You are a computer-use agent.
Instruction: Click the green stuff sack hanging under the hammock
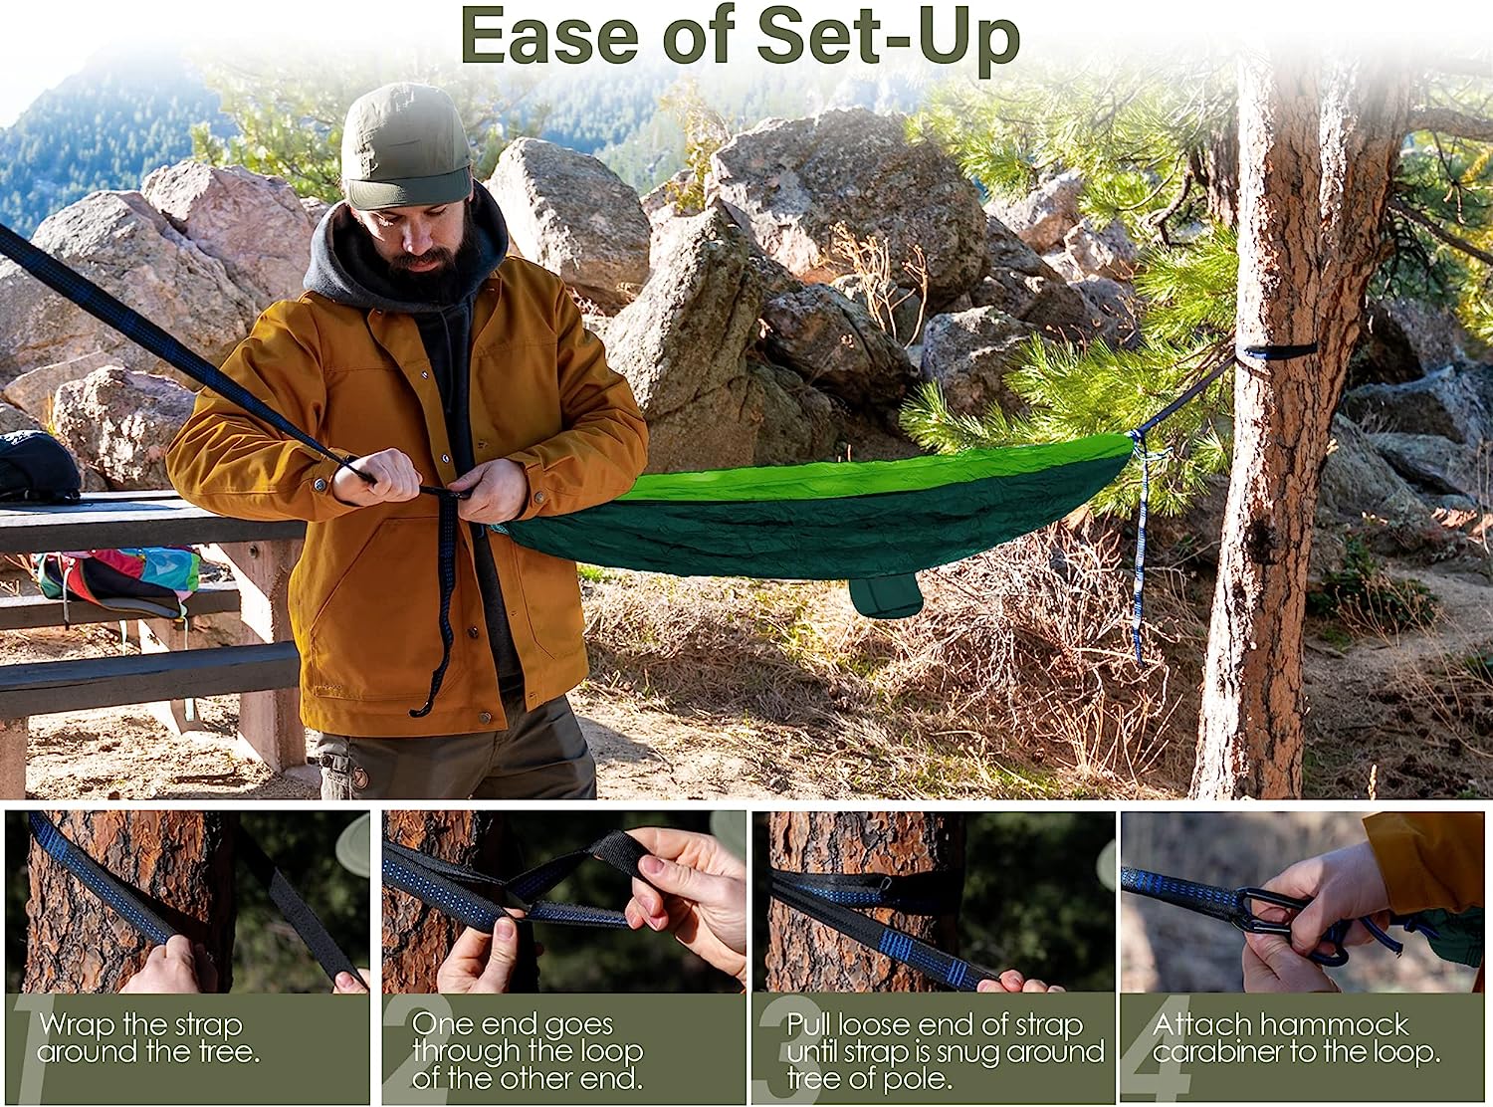pyautogui.click(x=885, y=595)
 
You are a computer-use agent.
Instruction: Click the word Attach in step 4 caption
pyautogui.click(x=1202, y=1025)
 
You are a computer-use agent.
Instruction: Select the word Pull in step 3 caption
pyautogui.click(x=810, y=1025)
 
